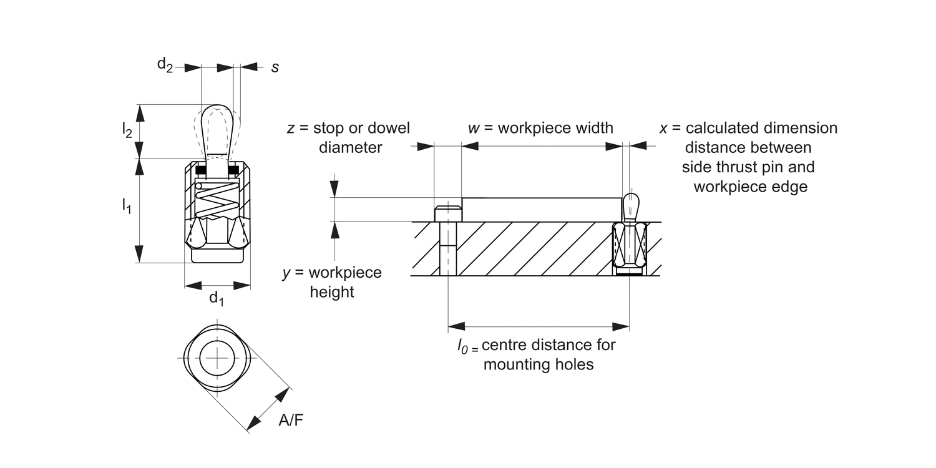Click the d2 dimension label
point(165,65)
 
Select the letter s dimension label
point(275,67)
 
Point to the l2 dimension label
point(127,130)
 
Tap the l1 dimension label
point(127,206)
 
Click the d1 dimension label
point(217,298)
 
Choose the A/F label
point(291,421)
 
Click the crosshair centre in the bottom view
point(217,358)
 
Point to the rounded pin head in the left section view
point(217,128)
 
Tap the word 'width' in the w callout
point(589,128)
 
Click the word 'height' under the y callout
point(331,292)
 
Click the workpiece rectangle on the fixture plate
point(542,209)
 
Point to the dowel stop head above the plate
point(447,213)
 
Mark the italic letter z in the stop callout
point(290,129)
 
